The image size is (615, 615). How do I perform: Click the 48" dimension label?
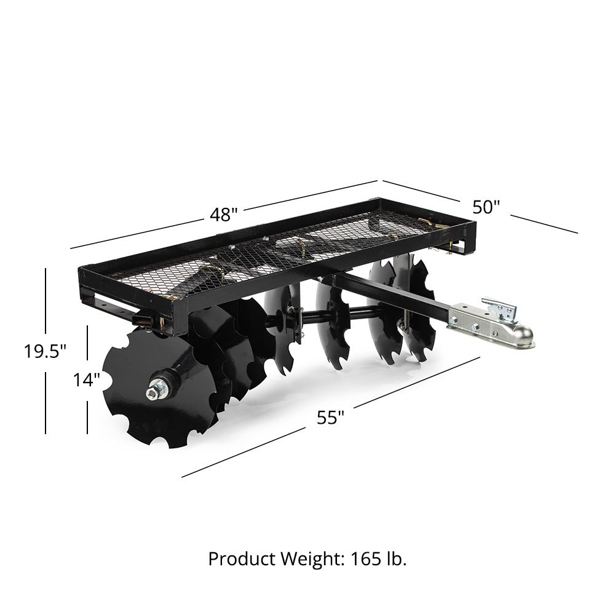point(223,215)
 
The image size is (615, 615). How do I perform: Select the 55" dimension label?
point(330,418)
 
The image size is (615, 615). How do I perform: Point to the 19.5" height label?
point(45,351)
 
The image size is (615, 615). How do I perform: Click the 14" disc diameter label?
point(87,380)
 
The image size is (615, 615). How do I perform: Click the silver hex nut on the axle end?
point(155,391)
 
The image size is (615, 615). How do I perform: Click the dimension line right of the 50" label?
point(544,224)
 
